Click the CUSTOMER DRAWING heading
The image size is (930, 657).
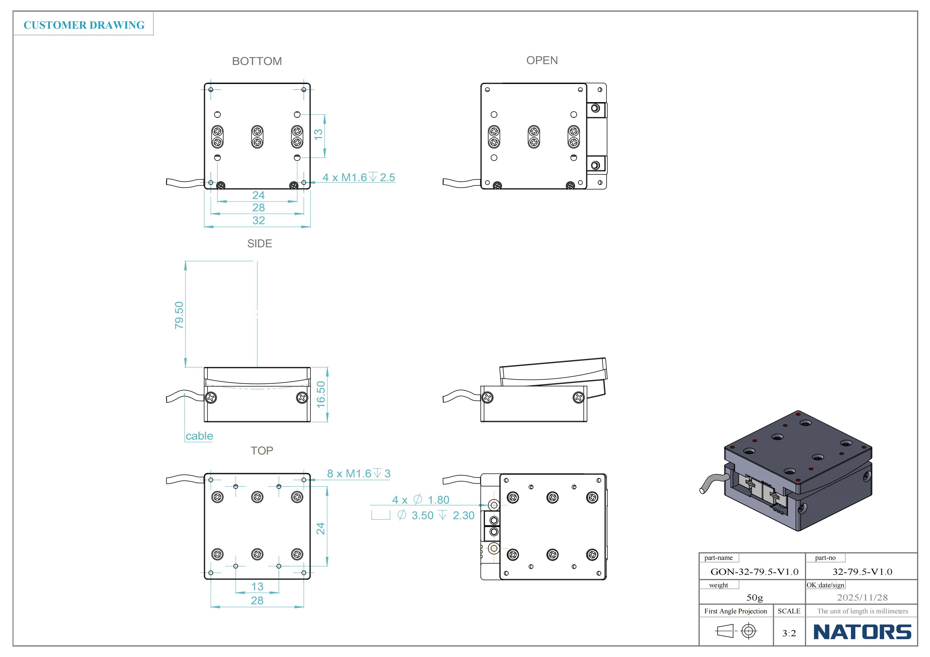[x=84, y=25]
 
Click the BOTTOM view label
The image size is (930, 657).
[x=257, y=61]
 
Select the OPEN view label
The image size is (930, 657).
[x=542, y=60]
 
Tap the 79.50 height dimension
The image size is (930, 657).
[x=179, y=315]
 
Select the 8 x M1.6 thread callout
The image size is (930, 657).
[x=359, y=474]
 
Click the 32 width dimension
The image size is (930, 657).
[x=258, y=221]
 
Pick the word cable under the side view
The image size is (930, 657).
[x=199, y=436]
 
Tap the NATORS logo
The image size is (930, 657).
[x=862, y=632]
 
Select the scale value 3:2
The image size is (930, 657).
[x=789, y=633]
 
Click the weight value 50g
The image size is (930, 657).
[x=754, y=598]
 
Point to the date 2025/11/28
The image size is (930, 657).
[x=862, y=598]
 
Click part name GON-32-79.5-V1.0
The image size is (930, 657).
[x=754, y=572]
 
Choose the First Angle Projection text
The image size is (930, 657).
[x=735, y=611]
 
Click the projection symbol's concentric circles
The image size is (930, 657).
[x=748, y=631]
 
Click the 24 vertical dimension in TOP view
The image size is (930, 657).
[x=321, y=528]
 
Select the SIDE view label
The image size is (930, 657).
[x=259, y=244]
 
